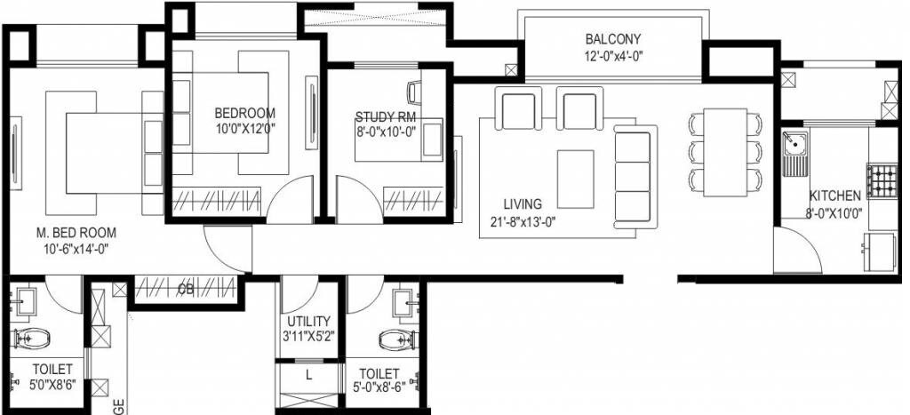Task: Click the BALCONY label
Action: [612, 39]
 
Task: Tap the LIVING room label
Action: [521, 204]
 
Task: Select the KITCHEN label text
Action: [834, 196]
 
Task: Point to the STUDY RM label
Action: [385, 116]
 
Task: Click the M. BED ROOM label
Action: [76, 233]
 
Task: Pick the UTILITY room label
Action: [308, 321]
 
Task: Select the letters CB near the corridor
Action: [186, 289]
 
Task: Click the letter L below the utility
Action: [307, 375]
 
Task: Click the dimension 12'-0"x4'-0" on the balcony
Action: [612, 55]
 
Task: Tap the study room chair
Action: [415, 90]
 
